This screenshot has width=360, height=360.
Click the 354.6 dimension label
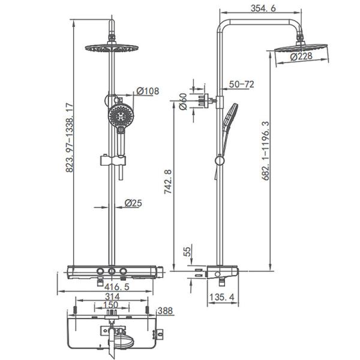tap(263, 8)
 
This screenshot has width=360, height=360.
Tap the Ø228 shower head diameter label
tap(301, 56)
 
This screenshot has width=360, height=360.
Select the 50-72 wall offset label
tap(242, 85)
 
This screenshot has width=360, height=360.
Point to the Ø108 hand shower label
tap(148, 91)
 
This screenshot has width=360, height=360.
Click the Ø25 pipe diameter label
tap(133, 203)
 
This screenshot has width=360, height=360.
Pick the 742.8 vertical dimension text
tap(168, 182)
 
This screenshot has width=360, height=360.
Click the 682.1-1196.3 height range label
tap(266, 151)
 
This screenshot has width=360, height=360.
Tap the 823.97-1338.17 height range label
tap(70, 137)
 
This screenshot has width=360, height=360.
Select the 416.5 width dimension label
tap(117, 287)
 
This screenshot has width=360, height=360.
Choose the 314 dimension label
tap(112, 296)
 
